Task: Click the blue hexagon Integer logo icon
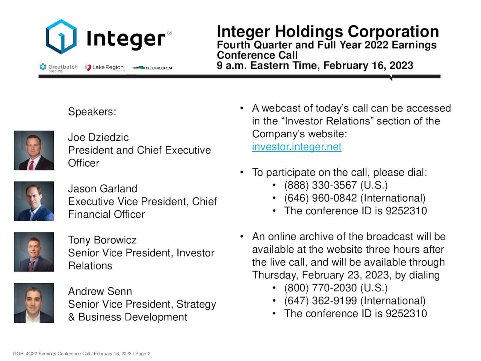(x=61, y=37)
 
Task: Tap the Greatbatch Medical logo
(x=59, y=68)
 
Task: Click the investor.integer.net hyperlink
(x=296, y=147)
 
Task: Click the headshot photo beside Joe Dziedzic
(x=34, y=150)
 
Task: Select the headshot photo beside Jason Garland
(x=34, y=201)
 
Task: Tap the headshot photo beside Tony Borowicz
(x=34, y=252)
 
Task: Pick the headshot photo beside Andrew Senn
(x=34, y=303)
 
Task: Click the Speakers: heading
(x=92, y=112)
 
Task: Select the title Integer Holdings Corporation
(x=328, y=32)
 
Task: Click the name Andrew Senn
(x=100, y=291)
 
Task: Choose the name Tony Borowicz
(x=102, y=240)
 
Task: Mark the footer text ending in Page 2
(x=82, y=353)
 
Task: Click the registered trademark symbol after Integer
(x=169, y=33)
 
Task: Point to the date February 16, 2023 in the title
(x=368, y=65)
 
